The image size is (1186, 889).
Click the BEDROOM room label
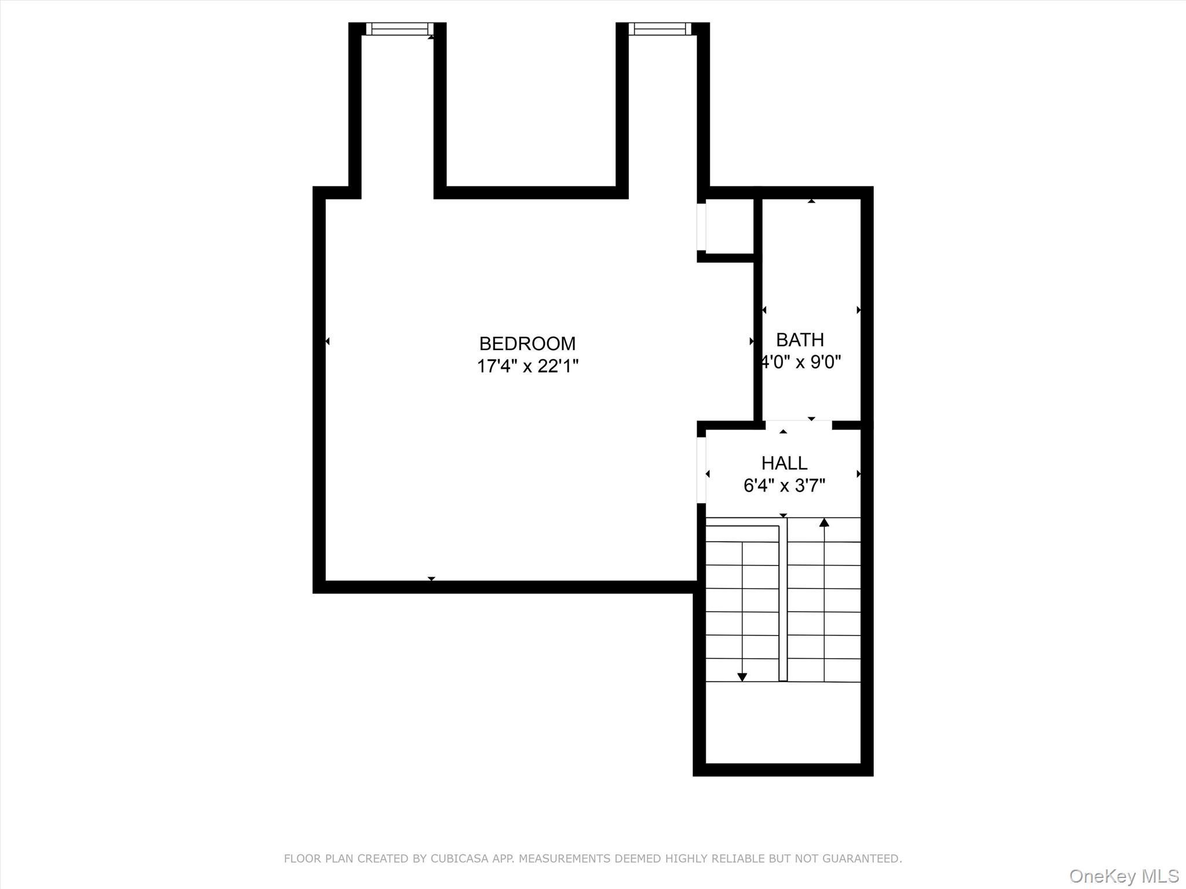(527, 344)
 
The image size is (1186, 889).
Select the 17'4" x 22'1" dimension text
(527, 366)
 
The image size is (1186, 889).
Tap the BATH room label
(800, 340)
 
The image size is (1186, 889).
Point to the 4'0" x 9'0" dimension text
(801, 362)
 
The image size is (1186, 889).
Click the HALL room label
(784, 463)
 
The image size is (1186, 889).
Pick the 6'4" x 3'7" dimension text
(784, 486)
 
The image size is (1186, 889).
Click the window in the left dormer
(399, 29)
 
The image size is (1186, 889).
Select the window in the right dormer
(660, 29)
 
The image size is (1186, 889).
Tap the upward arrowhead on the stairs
(824, 523)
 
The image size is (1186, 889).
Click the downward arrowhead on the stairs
(742, 677)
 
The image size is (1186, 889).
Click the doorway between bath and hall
(799, 425)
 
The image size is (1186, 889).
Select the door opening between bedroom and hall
(701, 470)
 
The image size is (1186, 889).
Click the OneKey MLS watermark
(1124, 876)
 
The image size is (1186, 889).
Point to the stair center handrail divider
(783, 599)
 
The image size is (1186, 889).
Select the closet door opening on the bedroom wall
(701, 227)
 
